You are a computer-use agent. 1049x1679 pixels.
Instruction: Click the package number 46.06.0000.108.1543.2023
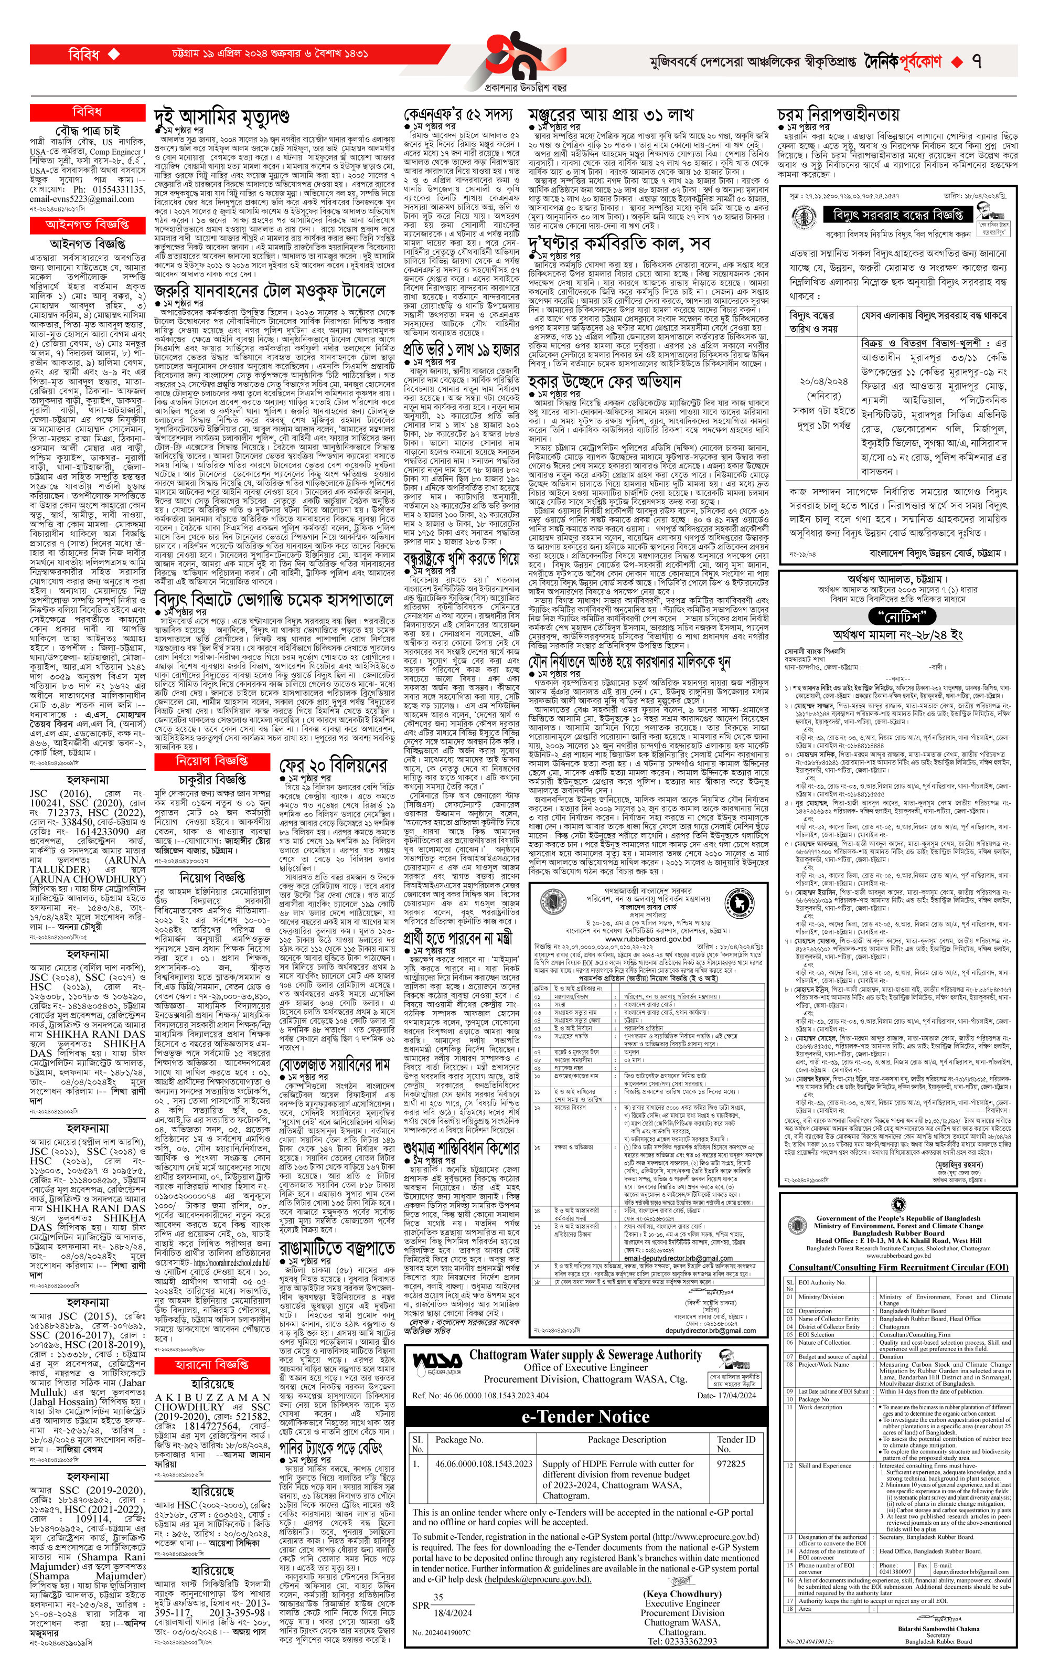pyautogui.click(x=484, y=1464)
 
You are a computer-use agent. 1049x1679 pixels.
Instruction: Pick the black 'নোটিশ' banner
pyautogui.click(x=902, y=616)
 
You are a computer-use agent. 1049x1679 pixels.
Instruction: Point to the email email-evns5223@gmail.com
pyautogui.click(x=82, y=199)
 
